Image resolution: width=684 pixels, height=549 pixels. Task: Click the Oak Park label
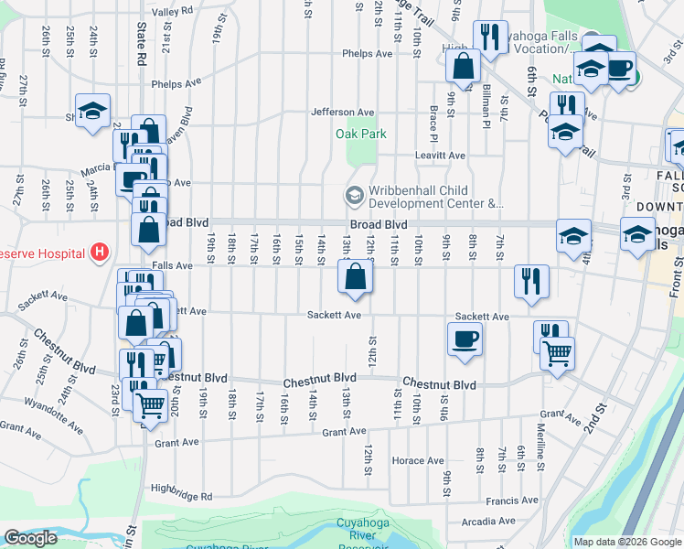click(360, 134)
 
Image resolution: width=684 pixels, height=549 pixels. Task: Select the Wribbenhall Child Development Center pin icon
click(353, 195)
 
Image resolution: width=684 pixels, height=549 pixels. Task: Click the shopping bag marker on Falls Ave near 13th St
click(355, 276)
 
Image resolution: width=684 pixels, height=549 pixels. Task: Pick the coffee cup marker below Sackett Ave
click(465, 339)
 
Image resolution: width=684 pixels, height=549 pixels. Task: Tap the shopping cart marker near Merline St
click(557, 351)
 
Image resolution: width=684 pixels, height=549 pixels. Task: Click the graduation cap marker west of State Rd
click(92, 111)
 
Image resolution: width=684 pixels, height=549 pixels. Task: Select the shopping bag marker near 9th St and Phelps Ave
click(464, 66)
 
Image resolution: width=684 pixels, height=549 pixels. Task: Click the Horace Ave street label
click(416, 460)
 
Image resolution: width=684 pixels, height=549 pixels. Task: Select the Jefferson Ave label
click(343, 113)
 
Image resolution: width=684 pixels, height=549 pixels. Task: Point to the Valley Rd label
click(173, 11)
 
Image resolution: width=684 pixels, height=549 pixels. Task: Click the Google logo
click(30, 538)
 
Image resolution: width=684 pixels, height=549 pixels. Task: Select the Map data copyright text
click(626, 542)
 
